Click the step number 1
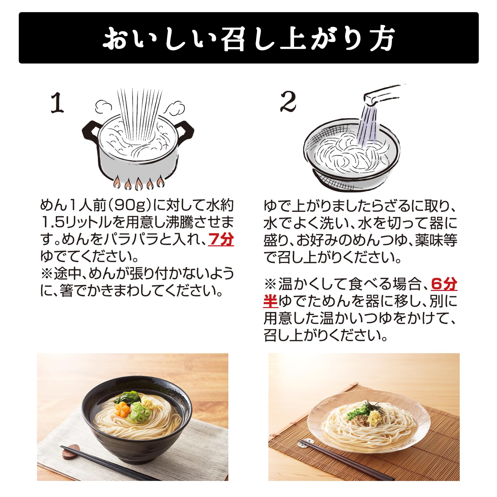57,103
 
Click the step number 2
288,102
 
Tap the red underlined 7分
221,239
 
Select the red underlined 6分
444,284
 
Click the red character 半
271,301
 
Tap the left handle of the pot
90,132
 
